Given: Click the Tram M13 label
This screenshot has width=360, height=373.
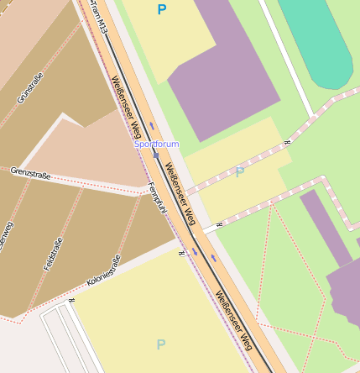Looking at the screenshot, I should click(99, 18).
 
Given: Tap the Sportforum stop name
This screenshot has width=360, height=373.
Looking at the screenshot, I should click(156, 144).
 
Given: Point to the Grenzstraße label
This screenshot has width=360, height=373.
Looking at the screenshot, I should click(30, 174).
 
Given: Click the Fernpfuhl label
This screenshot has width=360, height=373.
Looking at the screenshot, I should click(156, 198).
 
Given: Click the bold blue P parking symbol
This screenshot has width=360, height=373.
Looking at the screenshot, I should click(161, 10).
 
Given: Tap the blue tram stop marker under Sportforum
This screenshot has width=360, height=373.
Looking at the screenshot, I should click(156, 155).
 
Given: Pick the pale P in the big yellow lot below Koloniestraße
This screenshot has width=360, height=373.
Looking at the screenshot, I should click(160, 344).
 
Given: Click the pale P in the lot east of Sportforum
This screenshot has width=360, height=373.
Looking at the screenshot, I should click(240, 172).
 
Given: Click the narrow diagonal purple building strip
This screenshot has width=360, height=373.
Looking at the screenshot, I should click(326, 227).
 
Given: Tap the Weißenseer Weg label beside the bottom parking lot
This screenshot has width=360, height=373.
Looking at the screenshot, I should click(233, 320).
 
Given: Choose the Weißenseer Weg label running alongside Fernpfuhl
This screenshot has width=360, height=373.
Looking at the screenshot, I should click(180, 193).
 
